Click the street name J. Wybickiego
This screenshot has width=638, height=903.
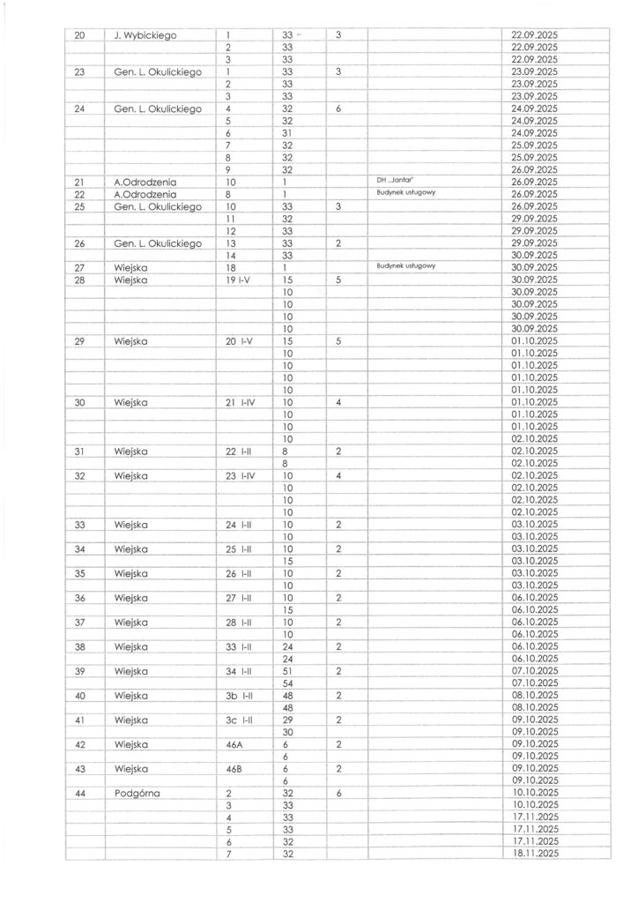[145, 34]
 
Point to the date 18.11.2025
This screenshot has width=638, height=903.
[535, 853]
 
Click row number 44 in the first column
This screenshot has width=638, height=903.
[79, 793]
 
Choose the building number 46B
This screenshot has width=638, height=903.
[234, 768]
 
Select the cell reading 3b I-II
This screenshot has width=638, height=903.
[240, 695]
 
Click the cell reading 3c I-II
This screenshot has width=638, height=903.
[240, 720]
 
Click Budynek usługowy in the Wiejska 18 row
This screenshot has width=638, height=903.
[406, 265]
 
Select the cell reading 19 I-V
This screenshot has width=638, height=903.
[240, 279]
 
